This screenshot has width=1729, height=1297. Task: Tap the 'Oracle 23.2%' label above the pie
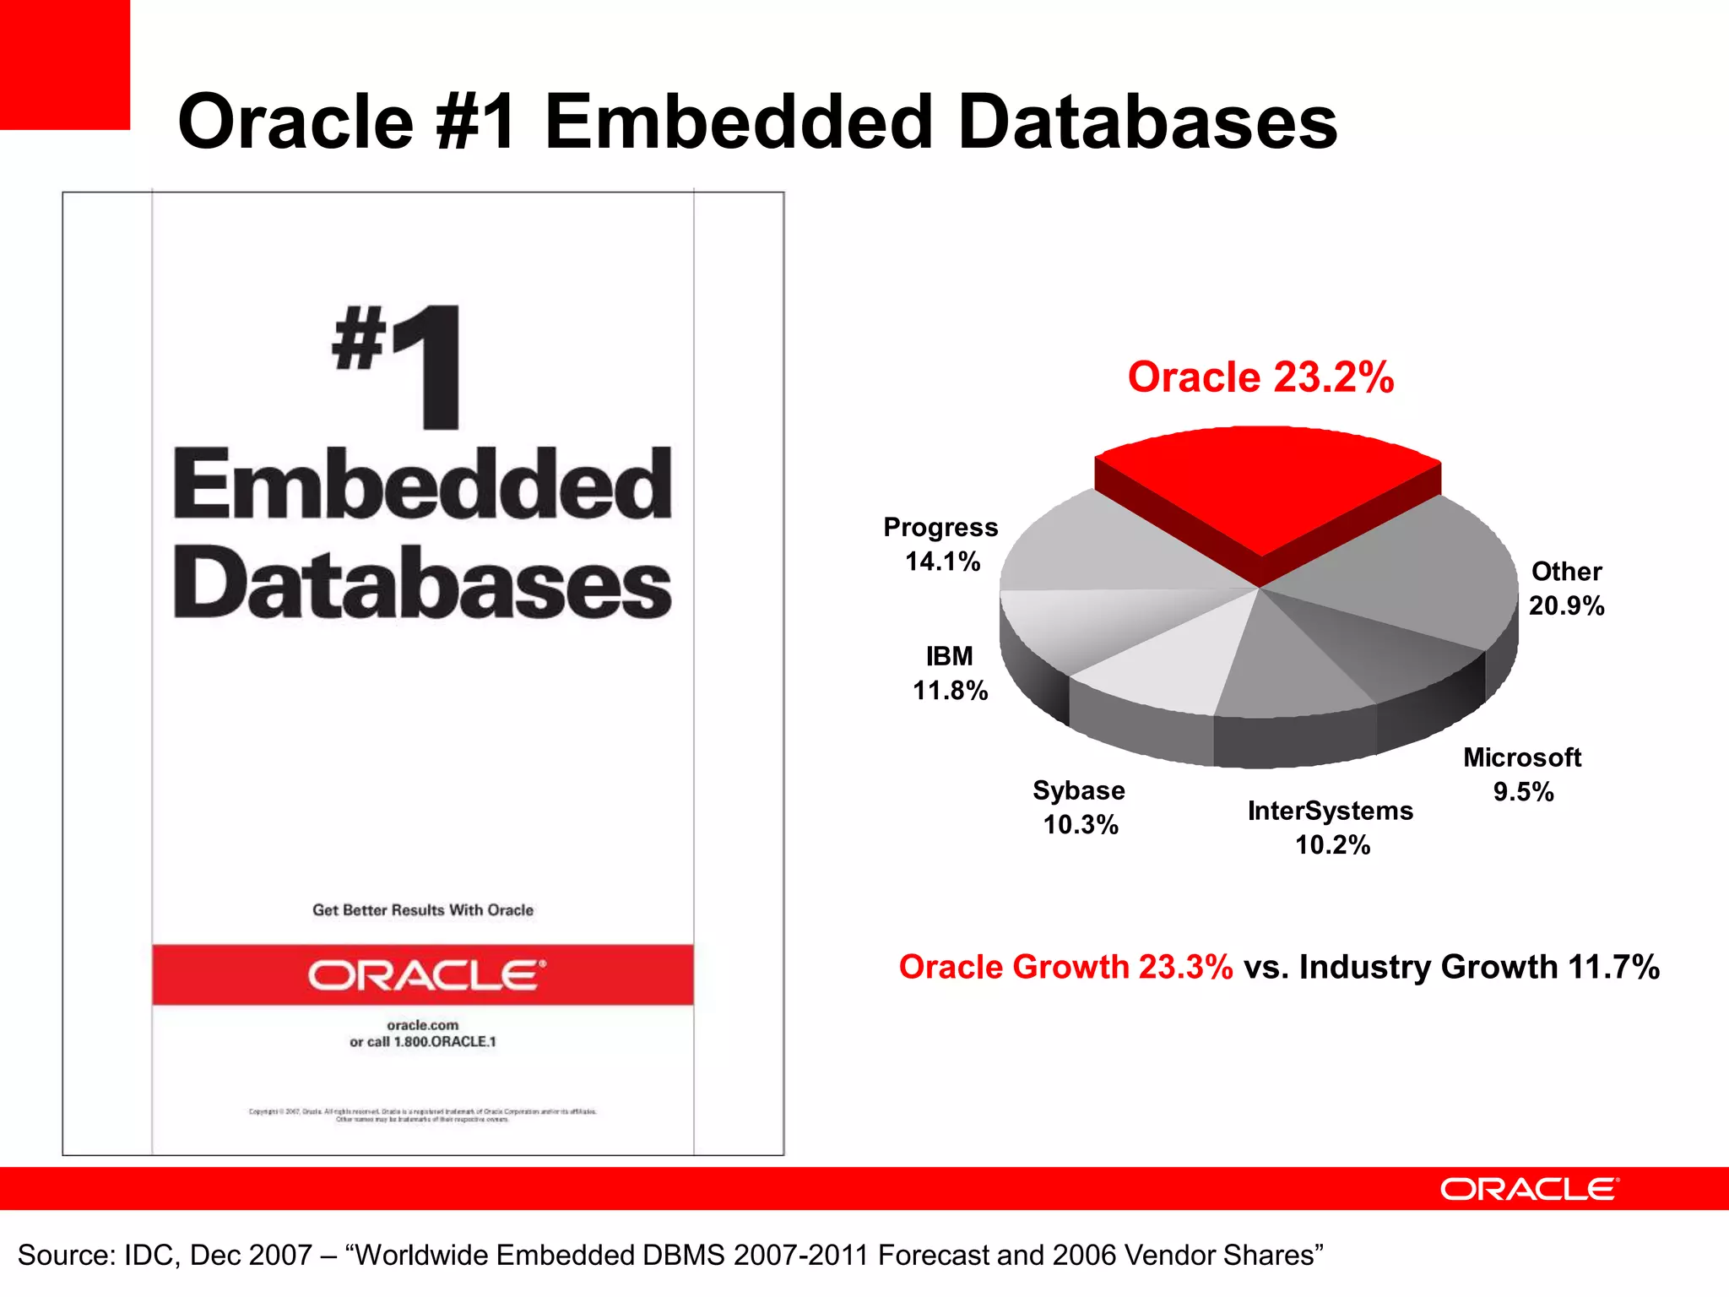pos(1260,377)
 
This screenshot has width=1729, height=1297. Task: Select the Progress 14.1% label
pos(941,545)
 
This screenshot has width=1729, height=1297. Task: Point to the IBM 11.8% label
pos(950,673)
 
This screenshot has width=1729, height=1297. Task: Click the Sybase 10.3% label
pos(1080,807)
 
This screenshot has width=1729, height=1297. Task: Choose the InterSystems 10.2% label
pos(1331,828)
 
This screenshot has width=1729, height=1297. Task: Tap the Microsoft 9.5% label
pos(1522,774)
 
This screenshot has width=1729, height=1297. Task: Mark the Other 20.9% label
pos(1567,589)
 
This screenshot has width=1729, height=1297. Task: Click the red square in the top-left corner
pos(64,64)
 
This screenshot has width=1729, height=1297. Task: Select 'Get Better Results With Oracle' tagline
pos(423,910)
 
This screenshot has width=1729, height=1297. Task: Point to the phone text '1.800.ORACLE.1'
pos(445,1042)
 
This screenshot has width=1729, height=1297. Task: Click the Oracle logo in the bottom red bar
pos(1529,1189)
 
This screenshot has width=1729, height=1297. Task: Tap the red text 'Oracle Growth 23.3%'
pos(1065,967)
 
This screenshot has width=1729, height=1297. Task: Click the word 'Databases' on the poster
pos(422,583)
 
